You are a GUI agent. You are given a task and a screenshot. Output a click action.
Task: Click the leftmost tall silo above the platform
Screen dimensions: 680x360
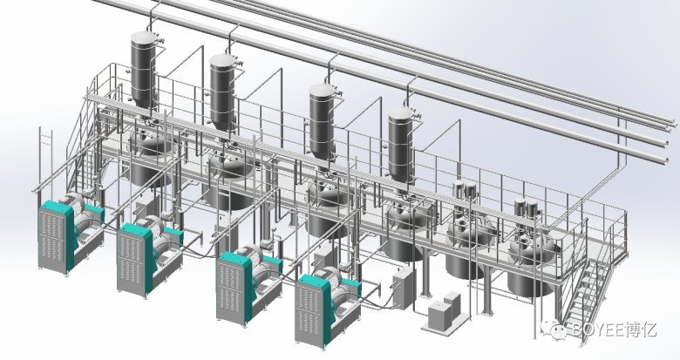[143, 70]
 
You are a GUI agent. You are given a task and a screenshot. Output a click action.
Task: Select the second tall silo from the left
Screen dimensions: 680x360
[222, 91]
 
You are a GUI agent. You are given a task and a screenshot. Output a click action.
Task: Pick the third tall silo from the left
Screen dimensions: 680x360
[322, 121]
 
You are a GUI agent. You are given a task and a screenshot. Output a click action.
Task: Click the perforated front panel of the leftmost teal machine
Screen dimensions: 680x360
[53, 239]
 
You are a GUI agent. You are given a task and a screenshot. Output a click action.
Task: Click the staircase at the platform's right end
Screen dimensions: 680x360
[590, 295]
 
